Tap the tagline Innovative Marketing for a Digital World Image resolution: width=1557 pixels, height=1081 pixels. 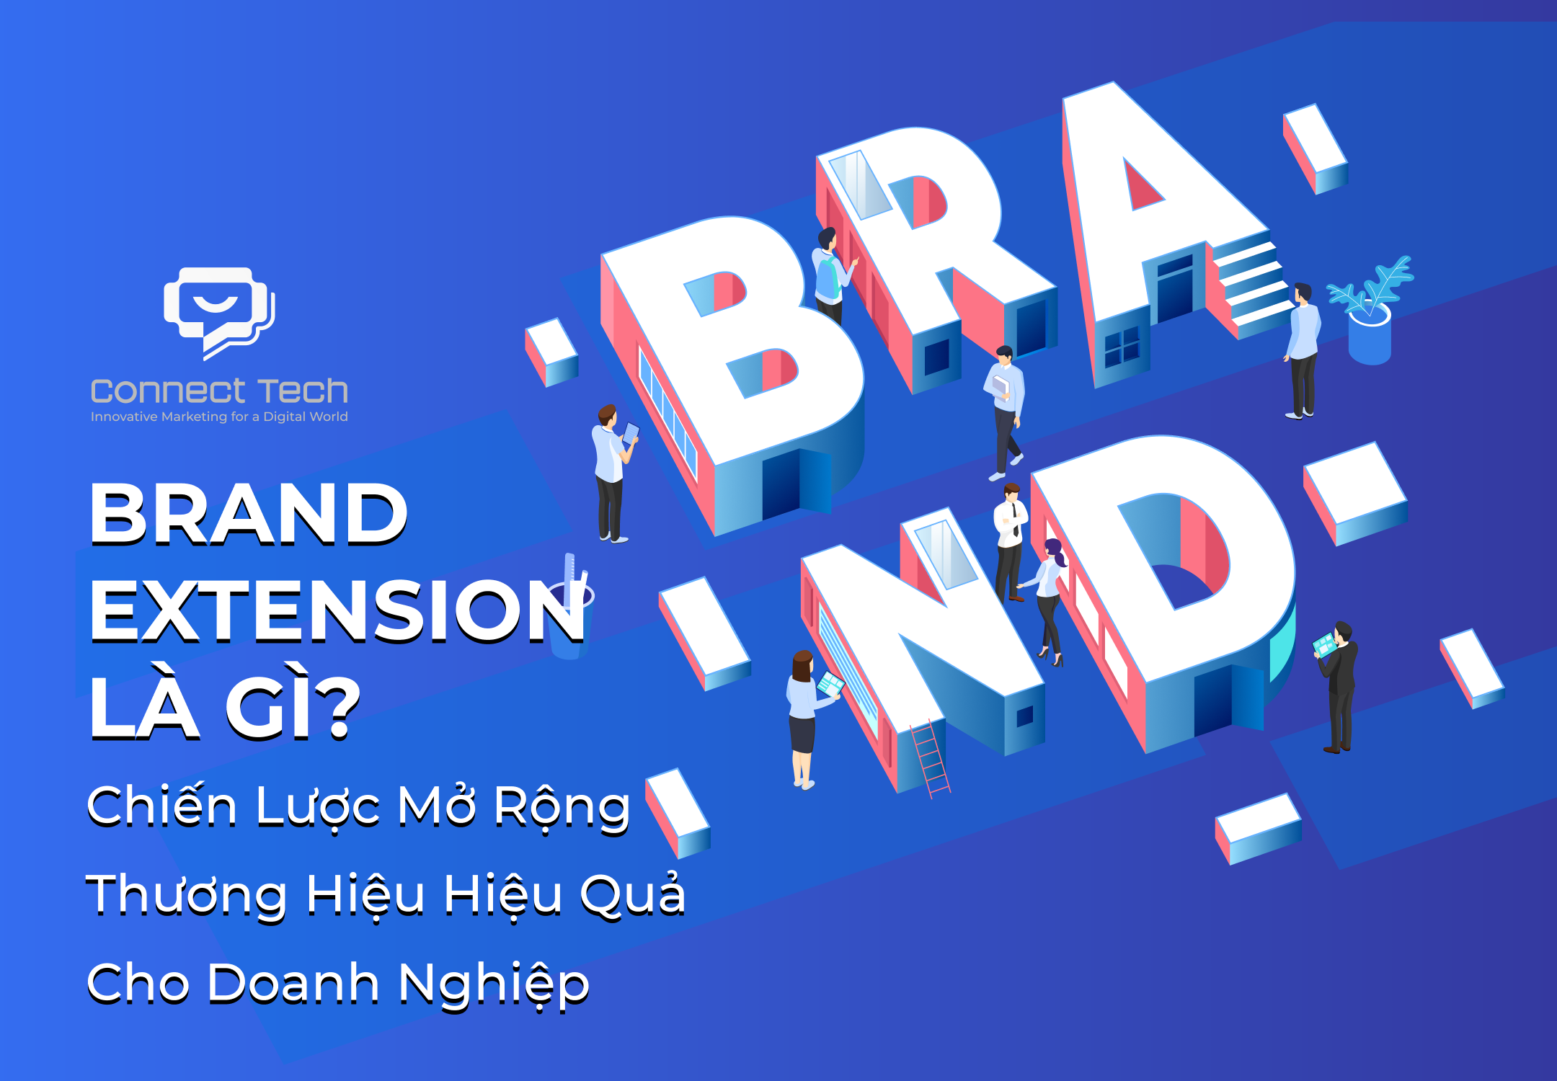[219, 417]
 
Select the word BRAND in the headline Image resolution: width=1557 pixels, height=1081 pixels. [249, 513]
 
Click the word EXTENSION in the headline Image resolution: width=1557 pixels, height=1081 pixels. [337, 611]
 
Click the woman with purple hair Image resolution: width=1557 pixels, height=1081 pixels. [1047, 602]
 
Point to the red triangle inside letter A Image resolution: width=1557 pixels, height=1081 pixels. [1141, 185]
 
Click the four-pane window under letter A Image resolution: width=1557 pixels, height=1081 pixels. [1122, 347]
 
